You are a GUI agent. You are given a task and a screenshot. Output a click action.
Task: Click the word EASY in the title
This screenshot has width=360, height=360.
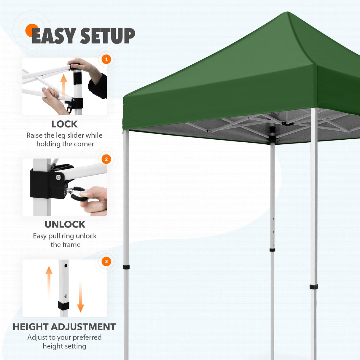(x=53, y=36)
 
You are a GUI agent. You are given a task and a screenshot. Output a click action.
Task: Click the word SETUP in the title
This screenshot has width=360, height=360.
(x=107, y=36)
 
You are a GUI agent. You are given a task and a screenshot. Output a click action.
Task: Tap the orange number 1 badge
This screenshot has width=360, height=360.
(x=106, y=59)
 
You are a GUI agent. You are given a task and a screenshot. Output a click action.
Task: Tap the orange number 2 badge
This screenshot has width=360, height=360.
(x=106, y=159)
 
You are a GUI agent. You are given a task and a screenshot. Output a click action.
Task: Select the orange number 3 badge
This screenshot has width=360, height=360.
(x=106, y=262)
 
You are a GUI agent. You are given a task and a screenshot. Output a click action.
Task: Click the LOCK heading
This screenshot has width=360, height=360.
(x=64, y=124)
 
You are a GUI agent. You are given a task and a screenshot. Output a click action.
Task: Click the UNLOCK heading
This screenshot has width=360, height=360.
(x=65, y=224)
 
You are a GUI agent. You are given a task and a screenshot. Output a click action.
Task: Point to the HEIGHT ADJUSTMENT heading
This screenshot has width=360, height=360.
(x=64, y=327)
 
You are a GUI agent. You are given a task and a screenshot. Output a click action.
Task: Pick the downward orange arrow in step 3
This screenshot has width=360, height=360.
(x=80, y=297)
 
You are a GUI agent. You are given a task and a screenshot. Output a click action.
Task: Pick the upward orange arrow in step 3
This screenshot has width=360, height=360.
(x=49, y=282)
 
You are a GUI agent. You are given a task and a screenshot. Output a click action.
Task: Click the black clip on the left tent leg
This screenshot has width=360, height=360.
(x=126, y=267)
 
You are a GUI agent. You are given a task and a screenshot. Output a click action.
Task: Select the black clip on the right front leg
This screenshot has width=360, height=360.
(x=313, y=287)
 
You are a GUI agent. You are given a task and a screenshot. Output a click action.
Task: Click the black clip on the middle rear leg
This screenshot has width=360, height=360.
(x=272, y=250)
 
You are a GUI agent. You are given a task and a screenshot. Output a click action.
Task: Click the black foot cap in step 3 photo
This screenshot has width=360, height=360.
(x=63, y=305)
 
